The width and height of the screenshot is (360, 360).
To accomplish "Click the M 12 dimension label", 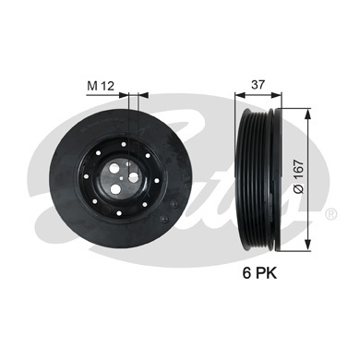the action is tap(101, 86).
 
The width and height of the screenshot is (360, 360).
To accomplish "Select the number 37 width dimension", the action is tap(258, 85).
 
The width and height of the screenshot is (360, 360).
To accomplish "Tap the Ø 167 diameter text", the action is tap(298, 176).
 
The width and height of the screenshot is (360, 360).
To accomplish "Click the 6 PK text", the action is tap(259, 272).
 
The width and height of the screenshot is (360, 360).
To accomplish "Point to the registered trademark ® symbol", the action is tap(330, 214).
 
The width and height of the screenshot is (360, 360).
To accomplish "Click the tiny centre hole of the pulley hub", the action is tap(122, 177).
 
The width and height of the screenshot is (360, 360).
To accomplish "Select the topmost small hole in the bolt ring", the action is tap(124, 144).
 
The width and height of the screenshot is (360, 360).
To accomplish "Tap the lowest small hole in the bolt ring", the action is tap(119, 212).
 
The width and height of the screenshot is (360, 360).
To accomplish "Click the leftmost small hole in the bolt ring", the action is tap(87, 176).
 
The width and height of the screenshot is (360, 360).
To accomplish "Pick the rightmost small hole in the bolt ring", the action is tap(156, 181).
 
